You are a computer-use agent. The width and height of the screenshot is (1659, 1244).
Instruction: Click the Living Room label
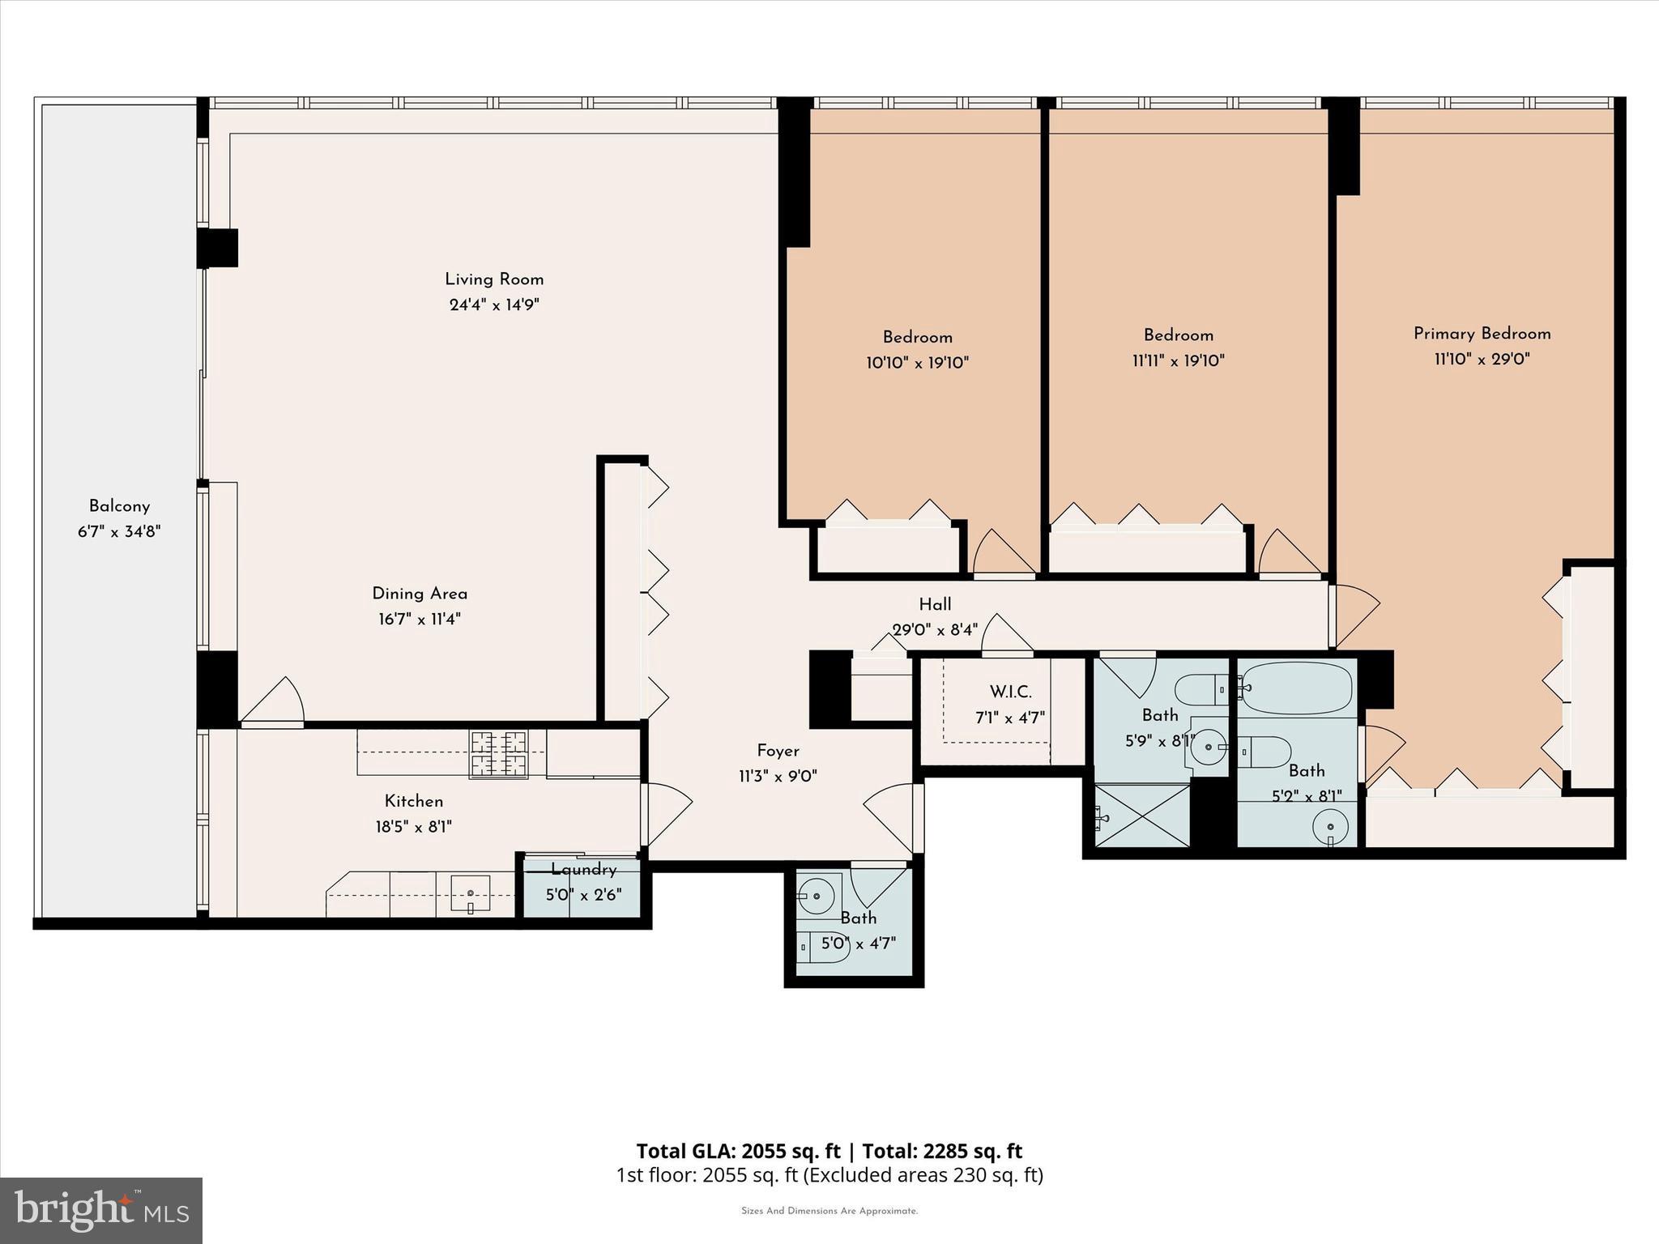pos(494,279)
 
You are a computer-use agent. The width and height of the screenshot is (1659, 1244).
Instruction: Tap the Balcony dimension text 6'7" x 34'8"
pos(119,532)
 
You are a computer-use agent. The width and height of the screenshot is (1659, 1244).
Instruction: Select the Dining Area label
pos(420,594)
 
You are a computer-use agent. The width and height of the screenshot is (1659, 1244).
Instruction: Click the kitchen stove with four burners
pos(499,753)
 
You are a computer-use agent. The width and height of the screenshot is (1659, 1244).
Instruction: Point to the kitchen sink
pos(471,894)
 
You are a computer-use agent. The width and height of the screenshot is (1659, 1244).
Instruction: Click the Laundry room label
pos(583,870)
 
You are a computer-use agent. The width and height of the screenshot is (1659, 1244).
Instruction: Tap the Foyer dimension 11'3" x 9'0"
pos(778,776)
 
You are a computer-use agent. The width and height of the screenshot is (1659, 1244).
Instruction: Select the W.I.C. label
pos(1010,692)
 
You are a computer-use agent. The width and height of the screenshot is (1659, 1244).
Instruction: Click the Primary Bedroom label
pos(1482,334)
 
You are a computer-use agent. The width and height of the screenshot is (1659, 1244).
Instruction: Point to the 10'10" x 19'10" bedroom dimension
pos(917,363)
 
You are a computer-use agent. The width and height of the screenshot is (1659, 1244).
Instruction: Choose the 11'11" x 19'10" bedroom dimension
pos(1178,361)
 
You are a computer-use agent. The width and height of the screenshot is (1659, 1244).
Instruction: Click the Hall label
pos(935,604)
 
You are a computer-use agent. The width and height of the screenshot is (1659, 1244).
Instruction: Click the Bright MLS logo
pos(101,1210)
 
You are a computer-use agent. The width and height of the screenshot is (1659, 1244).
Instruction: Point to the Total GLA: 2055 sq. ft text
pos(738,1151)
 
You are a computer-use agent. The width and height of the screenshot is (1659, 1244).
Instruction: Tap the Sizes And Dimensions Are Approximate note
pos(829,1212)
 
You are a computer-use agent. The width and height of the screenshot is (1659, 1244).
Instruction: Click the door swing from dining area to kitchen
pos(274,701)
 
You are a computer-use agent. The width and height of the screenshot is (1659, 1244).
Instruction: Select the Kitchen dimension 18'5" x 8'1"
pos(413,827)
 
